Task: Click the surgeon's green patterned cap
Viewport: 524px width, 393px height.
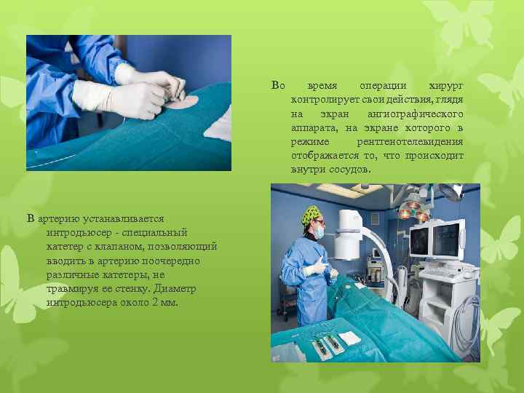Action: click(x=312, y=215)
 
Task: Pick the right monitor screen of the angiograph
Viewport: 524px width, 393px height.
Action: click(x=447, y=238)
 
